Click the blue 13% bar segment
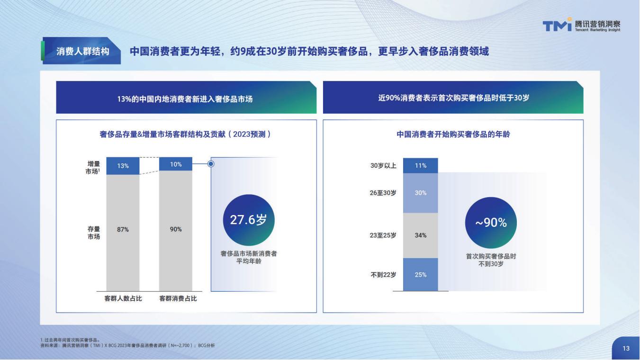123,166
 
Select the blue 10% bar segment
176,164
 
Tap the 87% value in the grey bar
123,229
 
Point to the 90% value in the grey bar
176,229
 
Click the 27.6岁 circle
249,220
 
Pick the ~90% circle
491,223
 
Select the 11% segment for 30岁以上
421,166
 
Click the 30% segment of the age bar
421,193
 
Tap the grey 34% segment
421,235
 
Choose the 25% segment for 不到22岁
421,275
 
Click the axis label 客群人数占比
123,298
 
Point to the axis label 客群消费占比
178,298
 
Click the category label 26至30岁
383,193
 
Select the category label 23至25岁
383,235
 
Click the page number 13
626,348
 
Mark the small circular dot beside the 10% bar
211,164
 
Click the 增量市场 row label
93,168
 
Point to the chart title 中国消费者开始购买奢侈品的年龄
453,134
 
